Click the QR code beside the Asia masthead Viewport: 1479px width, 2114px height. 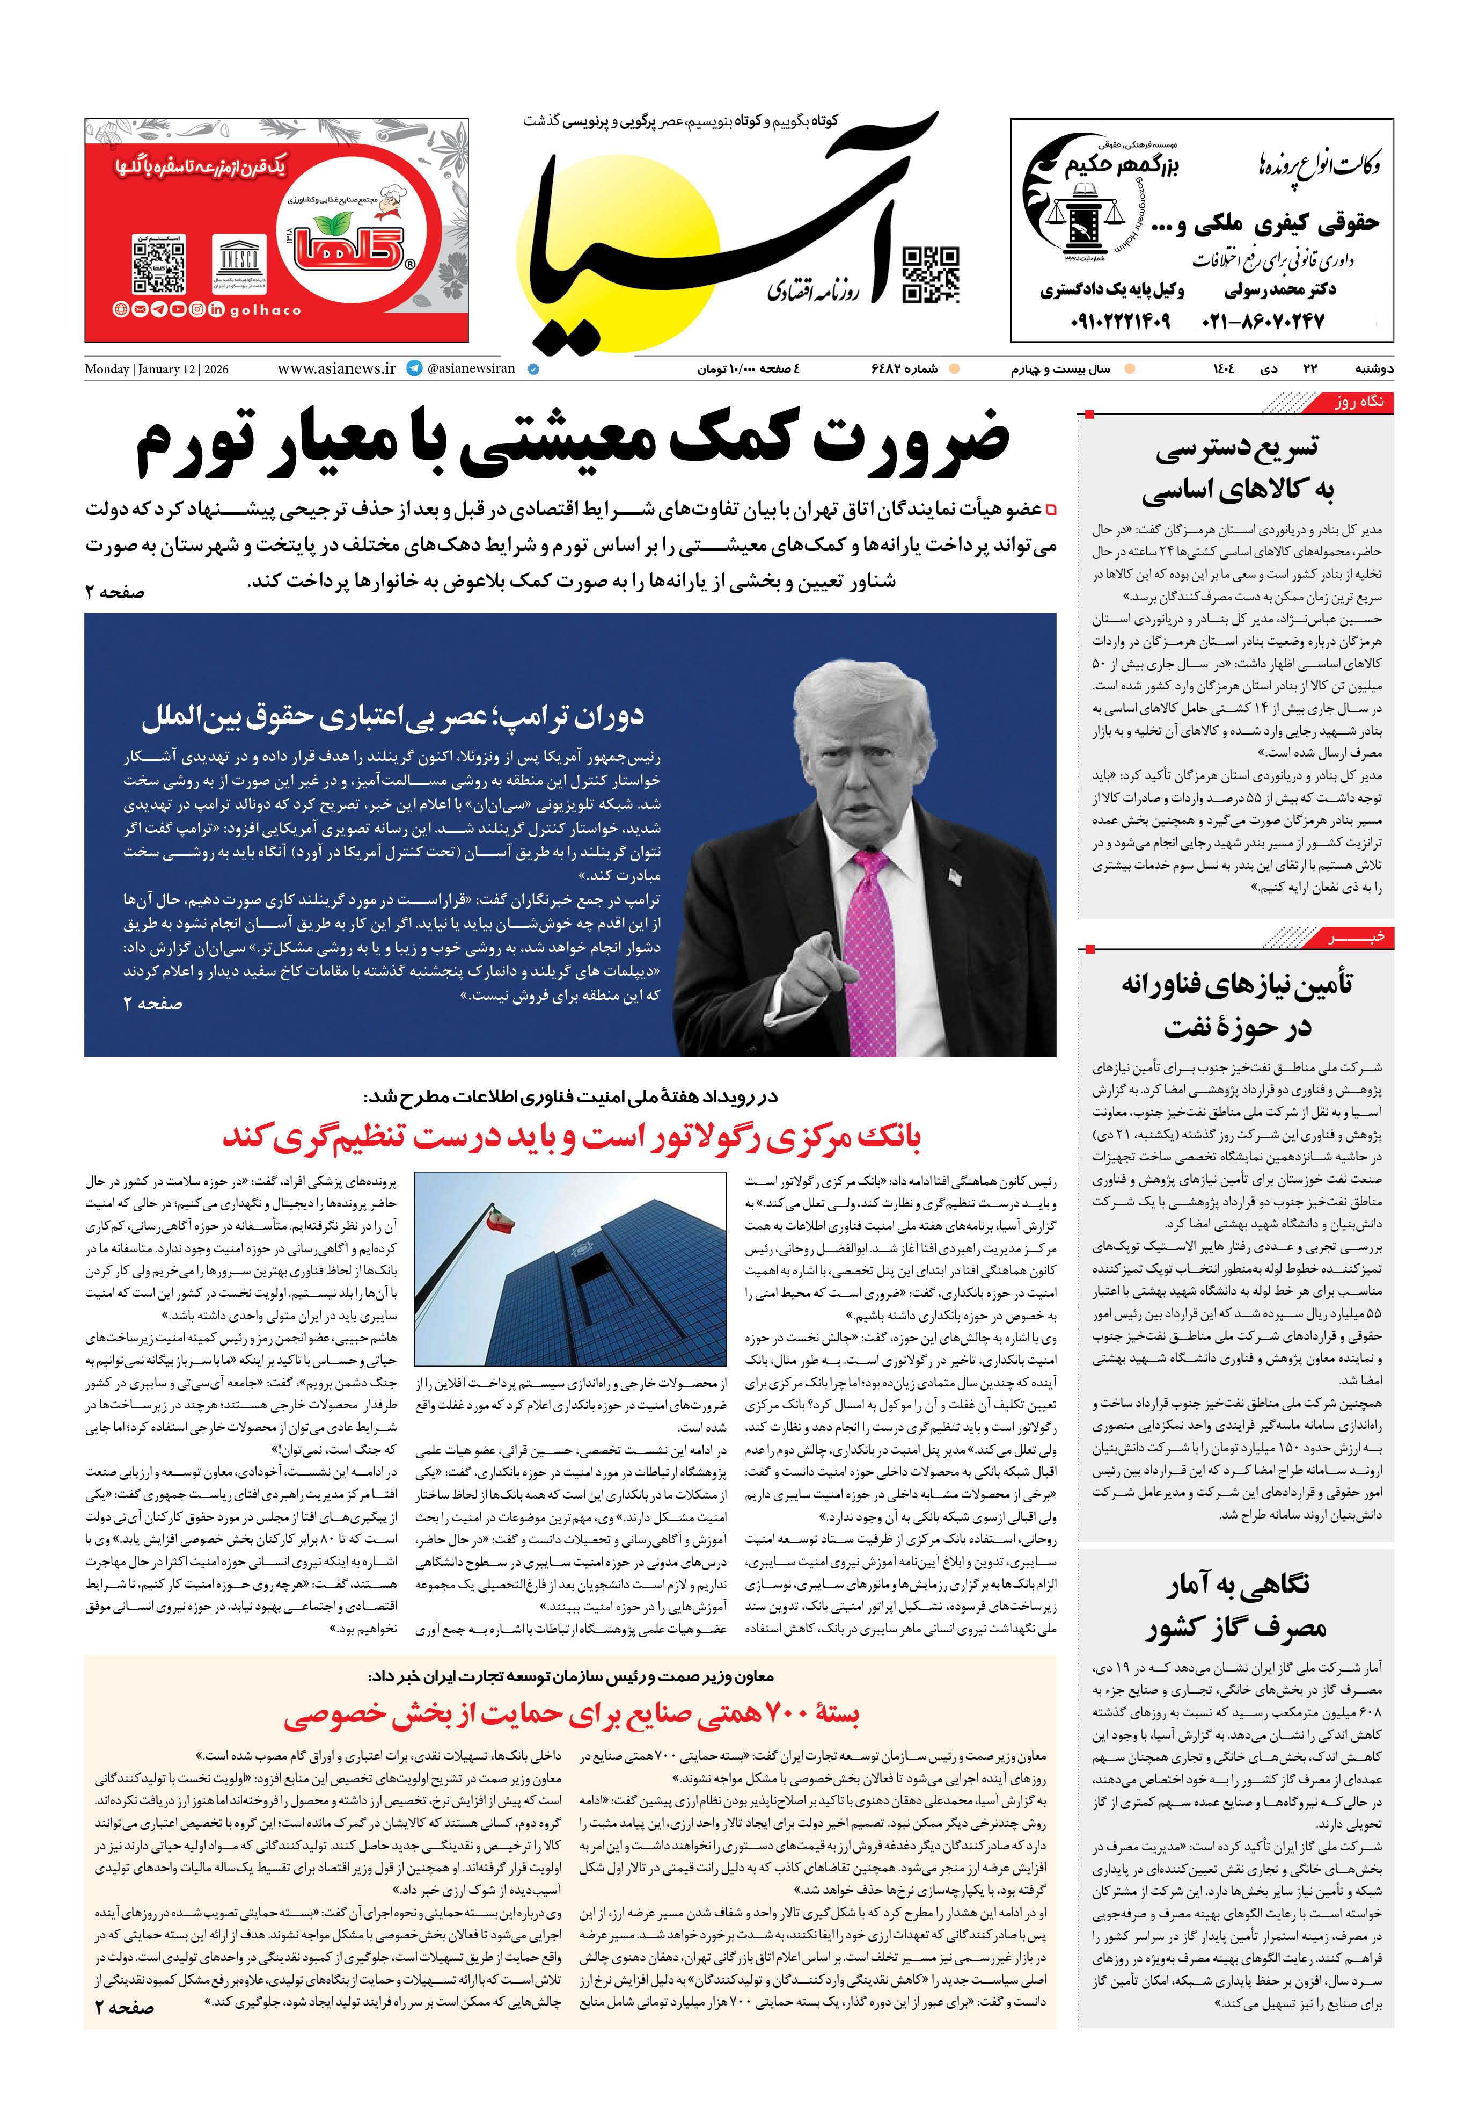pyautogui.click(x=931, y=274)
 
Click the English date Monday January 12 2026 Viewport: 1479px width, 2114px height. pyautogui.click(x=157, y=369)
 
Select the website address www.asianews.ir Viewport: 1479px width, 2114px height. pyautogui.click(x=336, y=368)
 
